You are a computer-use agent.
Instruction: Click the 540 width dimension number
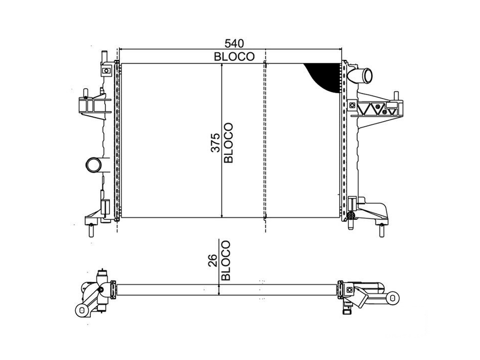pyautogui.click(x=234, y=44)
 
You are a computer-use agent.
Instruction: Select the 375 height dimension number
pyautogui.click(x=215, y=143)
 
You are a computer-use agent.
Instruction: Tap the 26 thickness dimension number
pyautogui.click(x=212, y=260)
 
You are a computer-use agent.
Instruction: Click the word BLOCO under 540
pyautogui.click(x=234, y=57)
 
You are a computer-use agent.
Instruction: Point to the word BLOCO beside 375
pyautogui.click(x=228, y=143)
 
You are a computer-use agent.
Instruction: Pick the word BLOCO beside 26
pyautogui.click(x=226, y=260)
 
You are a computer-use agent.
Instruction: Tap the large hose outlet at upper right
pyautogui.click(x=360, y=76)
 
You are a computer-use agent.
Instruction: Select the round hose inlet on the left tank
pyautogui.click(x=94, y=165)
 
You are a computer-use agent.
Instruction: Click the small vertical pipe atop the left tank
pyautogui.click(x=104, y=57)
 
